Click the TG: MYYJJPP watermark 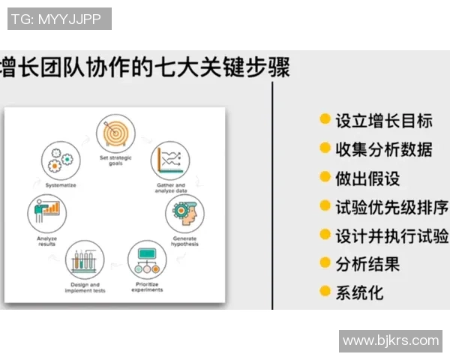point(59,19)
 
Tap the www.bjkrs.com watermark point(391,340)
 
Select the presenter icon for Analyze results point(47,212)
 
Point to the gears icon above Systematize point(60,160)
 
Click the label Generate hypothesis point(184,241)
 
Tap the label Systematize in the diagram point(60,184)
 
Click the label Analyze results point(46,241)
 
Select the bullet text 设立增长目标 point(383,120)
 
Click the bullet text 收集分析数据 point(383,149)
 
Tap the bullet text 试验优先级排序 point(391,207)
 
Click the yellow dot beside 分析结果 point(325,262)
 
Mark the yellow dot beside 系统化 point(325,291)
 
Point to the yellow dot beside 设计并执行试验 point(325,235)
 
